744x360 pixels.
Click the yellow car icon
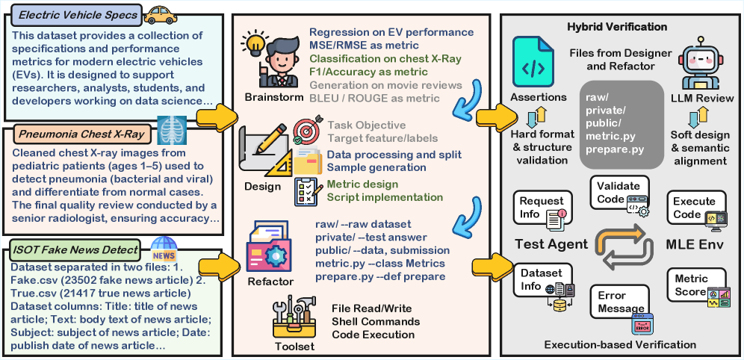tap(160, 14)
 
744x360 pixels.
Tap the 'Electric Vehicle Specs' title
tap(78, 15)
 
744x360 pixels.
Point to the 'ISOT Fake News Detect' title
tap(75, 249)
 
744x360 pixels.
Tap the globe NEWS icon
tap(164, 247)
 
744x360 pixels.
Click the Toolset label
tap(294, 346)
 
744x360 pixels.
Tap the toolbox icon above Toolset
tap(294, 318)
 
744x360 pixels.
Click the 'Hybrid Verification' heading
tap(616, 27)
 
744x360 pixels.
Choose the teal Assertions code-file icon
tap(533, 64)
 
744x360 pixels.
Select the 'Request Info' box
tap(543, 208)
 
